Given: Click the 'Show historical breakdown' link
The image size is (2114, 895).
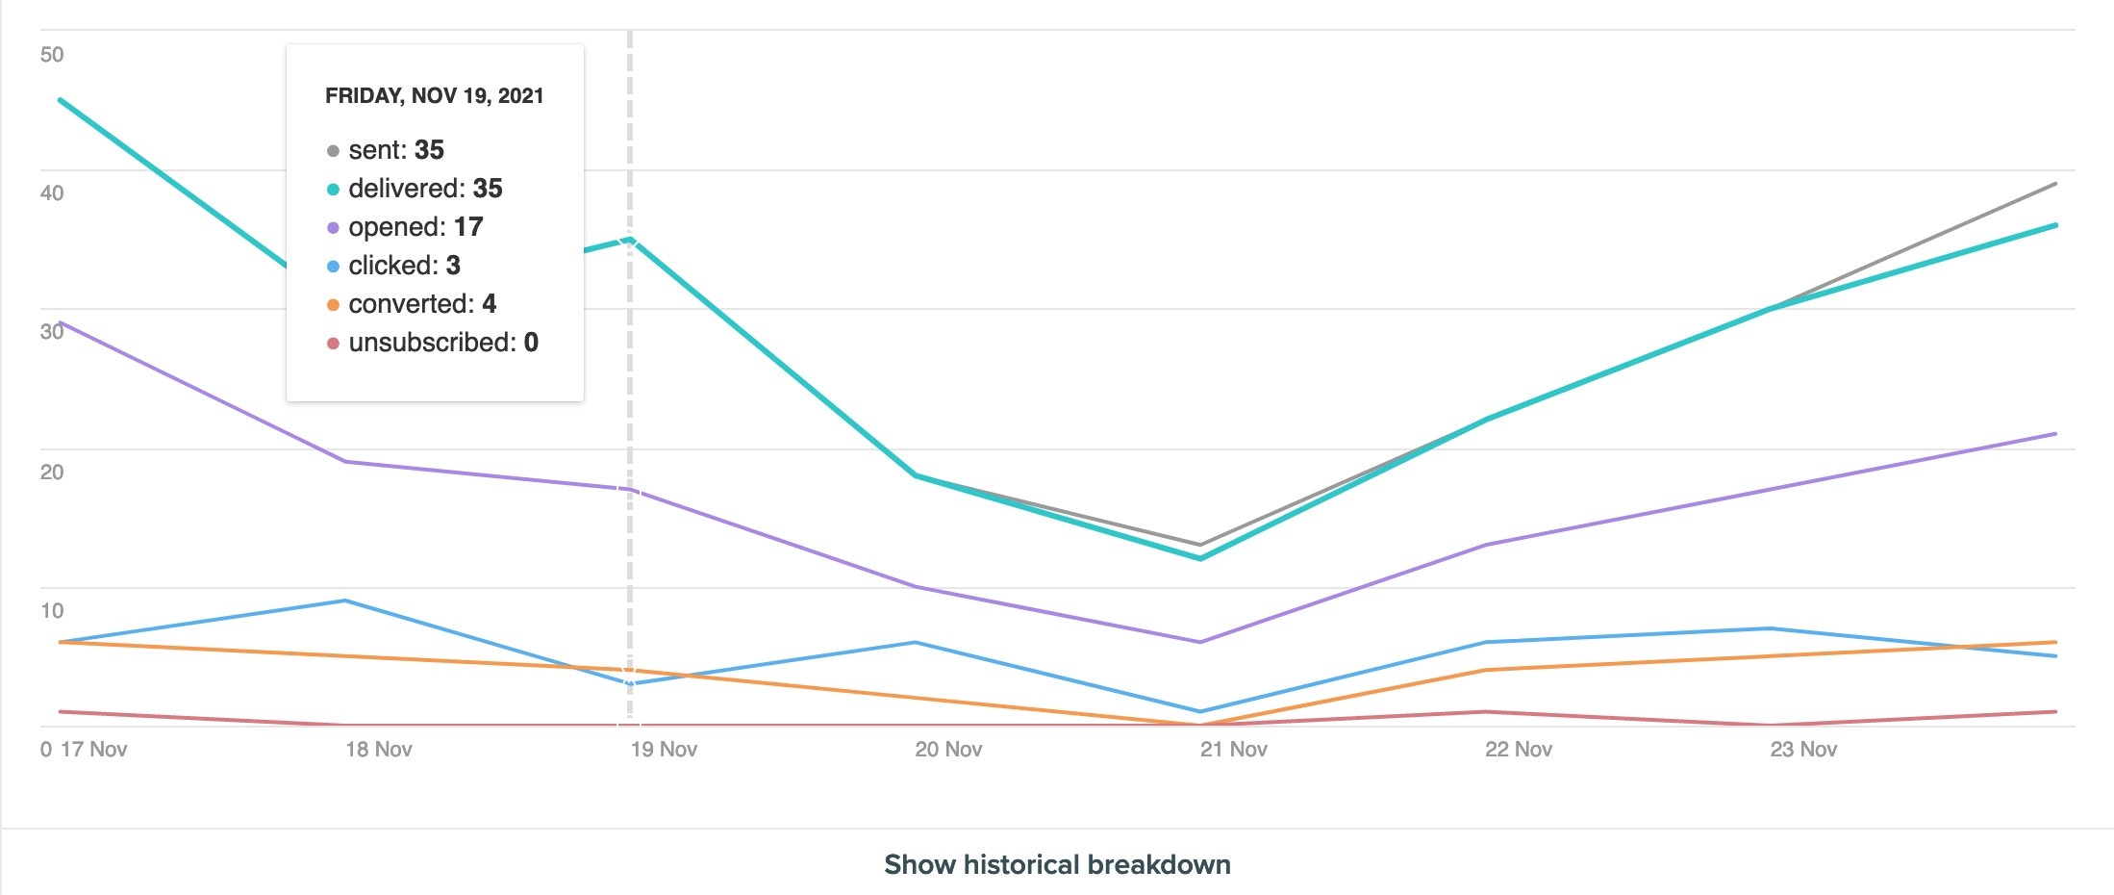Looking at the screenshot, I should pos(1057,864).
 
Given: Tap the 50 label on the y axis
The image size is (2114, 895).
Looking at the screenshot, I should pos(52,55).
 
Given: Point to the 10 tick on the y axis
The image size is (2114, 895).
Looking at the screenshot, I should pos(52,610).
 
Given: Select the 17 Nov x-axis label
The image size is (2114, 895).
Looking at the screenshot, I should pos(93,750).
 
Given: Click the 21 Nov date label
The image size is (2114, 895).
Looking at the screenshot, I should pos(1233,750).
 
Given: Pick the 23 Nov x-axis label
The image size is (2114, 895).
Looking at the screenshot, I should pos(1803,750).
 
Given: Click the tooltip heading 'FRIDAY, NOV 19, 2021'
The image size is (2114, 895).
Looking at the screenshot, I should pos(435,96).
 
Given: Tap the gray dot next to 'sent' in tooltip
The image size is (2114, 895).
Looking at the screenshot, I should pos(333,151).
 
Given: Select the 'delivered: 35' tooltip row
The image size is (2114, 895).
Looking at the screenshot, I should pos(425,189).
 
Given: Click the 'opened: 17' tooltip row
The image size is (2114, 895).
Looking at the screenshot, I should pos(415,227).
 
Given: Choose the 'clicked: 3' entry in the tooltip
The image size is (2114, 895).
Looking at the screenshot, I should pos(404,266).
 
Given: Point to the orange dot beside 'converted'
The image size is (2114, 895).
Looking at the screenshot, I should pos(333,305).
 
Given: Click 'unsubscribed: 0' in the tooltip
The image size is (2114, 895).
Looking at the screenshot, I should pos(443,343).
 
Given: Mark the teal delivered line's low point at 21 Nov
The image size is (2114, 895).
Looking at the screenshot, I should pos(1200,558).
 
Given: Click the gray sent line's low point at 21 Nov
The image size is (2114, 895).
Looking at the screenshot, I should pos(1200,545).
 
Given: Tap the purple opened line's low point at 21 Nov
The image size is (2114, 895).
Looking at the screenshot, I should pos(1200,642).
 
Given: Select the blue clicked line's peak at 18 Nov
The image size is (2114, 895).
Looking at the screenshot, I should pos(345,601).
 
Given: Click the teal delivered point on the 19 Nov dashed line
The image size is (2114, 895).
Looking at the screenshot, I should pos(630,239).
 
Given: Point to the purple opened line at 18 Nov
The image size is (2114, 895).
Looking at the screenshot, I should pos(345,462).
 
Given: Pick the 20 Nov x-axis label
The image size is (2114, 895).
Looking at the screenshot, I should pos(948,750).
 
